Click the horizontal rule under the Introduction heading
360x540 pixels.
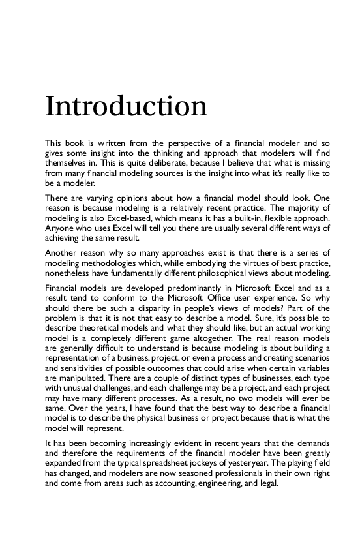(187, 123)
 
